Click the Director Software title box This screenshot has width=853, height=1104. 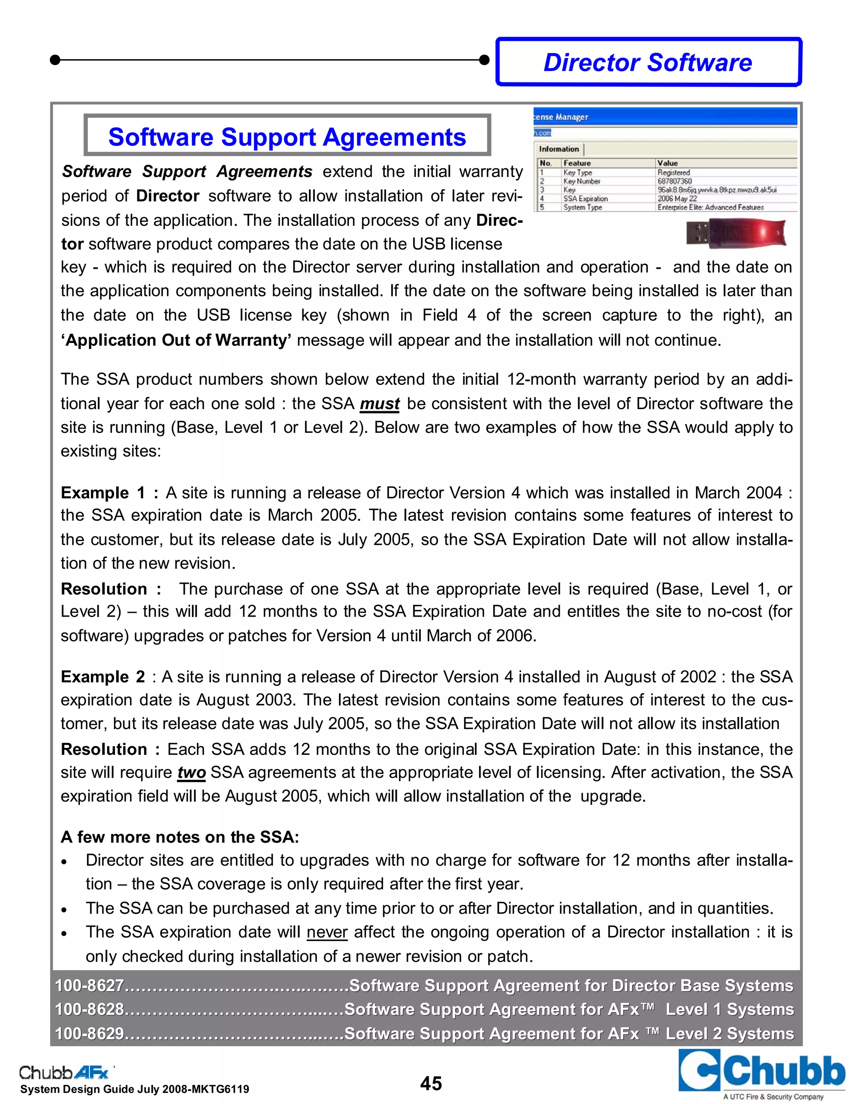coord(648,62)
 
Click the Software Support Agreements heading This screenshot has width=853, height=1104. coord(287,137)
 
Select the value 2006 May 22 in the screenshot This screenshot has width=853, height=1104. coord(677,199)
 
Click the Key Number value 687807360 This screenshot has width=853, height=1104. coord(674,181)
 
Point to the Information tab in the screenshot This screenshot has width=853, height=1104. coord(559,149)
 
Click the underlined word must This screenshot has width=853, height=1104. coord(379,404)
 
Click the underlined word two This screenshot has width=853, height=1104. coord(192,772)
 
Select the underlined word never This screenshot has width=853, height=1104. coord(327,932)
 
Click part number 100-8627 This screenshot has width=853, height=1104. coord(90,985)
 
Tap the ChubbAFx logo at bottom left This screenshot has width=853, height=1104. coord(65,1072)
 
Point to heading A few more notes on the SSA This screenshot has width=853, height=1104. coord(180,837)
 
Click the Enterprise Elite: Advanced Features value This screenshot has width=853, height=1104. coord(710,207)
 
